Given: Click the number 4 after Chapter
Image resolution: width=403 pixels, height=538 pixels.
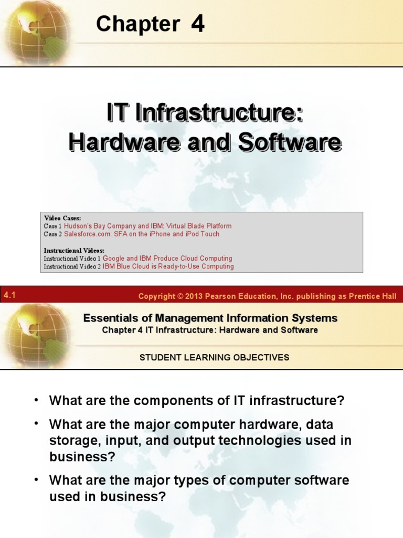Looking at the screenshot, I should [198, 24].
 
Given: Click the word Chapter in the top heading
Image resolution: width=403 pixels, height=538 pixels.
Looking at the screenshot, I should [137, 24].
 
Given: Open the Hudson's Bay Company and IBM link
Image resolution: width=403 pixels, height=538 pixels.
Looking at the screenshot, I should [147, 226].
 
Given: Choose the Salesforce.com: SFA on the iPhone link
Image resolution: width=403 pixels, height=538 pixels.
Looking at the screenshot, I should [142, 234].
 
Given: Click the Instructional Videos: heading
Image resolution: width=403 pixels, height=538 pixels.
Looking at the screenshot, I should [74, 251].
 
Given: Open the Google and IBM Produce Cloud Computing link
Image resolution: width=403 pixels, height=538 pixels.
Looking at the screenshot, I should [167, 258].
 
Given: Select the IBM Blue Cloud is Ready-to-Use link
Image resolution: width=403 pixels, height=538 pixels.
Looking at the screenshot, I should [168, 266].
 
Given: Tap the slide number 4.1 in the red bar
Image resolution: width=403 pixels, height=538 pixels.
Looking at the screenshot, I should [9, 295].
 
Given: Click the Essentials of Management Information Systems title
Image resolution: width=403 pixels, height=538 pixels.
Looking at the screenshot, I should [210, 318].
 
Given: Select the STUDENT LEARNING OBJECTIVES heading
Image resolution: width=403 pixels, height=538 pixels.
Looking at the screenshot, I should [214, 357].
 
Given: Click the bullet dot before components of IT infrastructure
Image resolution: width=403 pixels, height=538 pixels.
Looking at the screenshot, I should [37, 400].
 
